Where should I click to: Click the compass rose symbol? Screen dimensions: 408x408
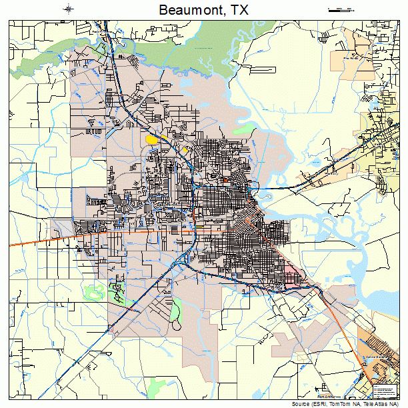point(69,9)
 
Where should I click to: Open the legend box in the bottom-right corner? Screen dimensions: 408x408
point(385,390)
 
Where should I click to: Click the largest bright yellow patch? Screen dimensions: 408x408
point(152,139)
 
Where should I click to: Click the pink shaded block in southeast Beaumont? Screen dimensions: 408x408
point(293,269)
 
